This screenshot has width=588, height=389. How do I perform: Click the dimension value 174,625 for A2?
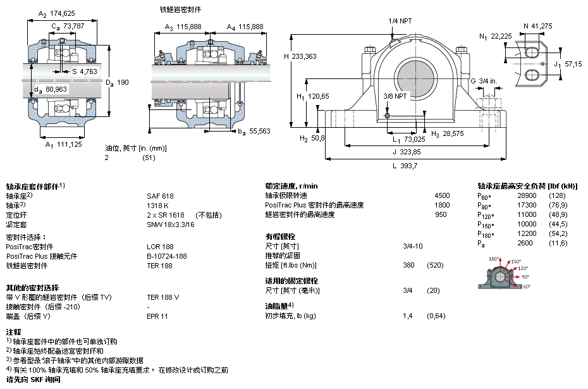(62, 13)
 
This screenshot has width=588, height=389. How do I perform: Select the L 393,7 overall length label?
(405, 166)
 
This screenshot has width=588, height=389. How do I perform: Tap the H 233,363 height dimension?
(300, 56)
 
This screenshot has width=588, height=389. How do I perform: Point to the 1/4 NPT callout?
(400, 21)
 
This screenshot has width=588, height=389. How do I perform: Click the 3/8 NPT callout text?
(395, 96)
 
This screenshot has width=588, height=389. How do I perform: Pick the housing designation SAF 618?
(160, 196)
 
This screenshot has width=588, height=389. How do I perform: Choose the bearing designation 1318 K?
(157, 206)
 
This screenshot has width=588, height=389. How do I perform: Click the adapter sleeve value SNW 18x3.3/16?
(171, 225)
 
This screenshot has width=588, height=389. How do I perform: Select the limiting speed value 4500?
(442, 195)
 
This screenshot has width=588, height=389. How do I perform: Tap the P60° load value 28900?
(527, 195)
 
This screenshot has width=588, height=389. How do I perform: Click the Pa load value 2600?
(525, 243)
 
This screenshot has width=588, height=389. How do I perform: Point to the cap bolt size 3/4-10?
(412, 246)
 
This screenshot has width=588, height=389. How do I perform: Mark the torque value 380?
(408, 265)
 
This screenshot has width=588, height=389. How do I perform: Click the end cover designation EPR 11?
(157, 316)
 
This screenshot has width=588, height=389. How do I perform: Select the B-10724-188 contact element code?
(167, 256)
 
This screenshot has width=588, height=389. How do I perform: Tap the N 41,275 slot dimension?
(538, 27)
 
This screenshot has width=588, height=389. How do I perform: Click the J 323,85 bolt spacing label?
(407, 152)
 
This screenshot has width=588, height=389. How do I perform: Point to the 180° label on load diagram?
(494, 259)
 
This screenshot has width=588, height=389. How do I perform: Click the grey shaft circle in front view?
(416, 79)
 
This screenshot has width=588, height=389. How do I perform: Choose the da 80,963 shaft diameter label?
(50, 89)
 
